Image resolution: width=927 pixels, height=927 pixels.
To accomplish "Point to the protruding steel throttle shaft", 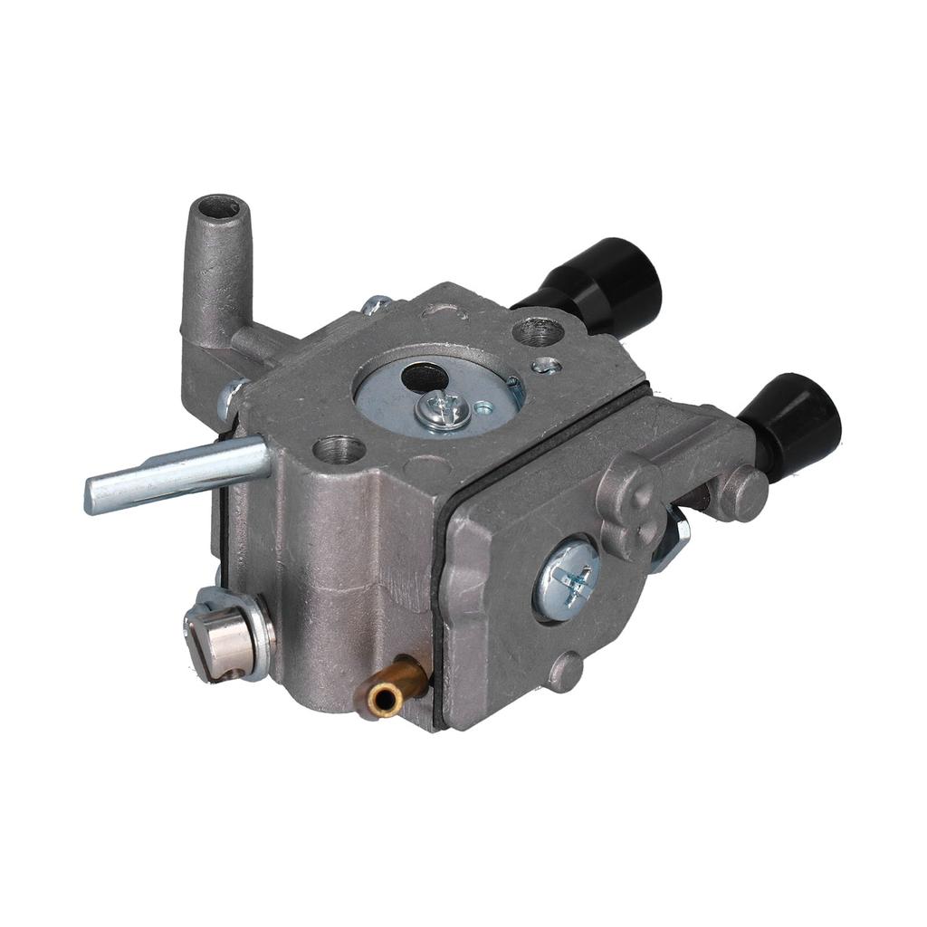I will coord(181,473).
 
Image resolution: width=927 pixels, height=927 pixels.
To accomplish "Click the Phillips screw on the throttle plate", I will coord(443,412).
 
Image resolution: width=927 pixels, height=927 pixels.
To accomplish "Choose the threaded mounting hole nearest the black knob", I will coord(538,330).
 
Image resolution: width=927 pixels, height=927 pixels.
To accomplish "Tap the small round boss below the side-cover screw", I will coord(566,671).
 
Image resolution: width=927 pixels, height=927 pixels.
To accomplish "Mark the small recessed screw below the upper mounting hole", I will coord(545,366).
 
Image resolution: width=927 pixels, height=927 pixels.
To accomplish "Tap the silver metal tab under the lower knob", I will coord(674,539).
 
